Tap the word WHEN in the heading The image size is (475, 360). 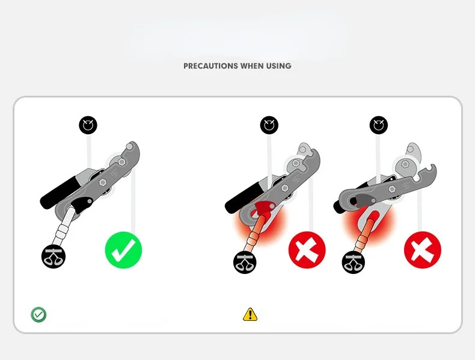click(x=252, y=66)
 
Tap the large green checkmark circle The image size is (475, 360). click(x=123, y=250)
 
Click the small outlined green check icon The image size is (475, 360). click(x=38, y=314)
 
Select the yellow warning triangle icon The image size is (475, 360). click(x=250, y=314)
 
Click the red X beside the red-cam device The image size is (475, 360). click(x=307, y=250)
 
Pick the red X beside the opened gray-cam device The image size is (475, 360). click(x=423, y=250)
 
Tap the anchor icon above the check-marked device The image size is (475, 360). click(x=88, y=125)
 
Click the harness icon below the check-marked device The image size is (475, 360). click(x=54, y=256)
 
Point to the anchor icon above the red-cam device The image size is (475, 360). click(x=269, y=125)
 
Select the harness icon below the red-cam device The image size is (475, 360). click(x=245, y=262)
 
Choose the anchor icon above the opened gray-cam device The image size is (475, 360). click(x=379, y=125)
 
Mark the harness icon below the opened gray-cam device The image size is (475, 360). click(x=353, y=262)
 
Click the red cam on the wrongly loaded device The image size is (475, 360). click(x=264, y=208)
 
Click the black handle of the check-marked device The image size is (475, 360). click(x=60, y=191)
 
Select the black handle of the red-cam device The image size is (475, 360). click(x=244, y=197)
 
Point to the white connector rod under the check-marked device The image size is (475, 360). click(x=63, y=226)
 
